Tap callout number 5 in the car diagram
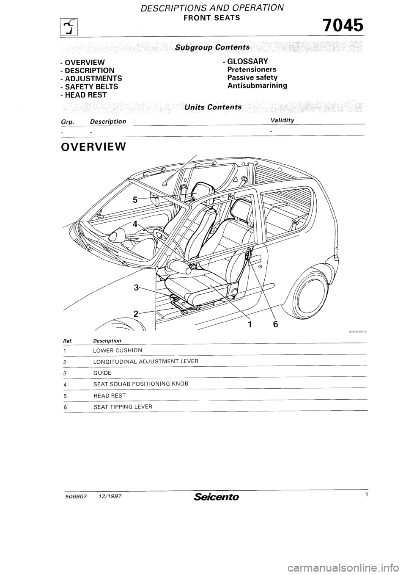pos(135,199)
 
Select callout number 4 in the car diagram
pos(135,224)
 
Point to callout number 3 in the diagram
pos(136,288)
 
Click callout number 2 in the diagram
pos(136,314)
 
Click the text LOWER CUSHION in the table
pos(118,350)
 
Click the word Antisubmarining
pos(257,85)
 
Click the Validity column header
pos(282,120)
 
